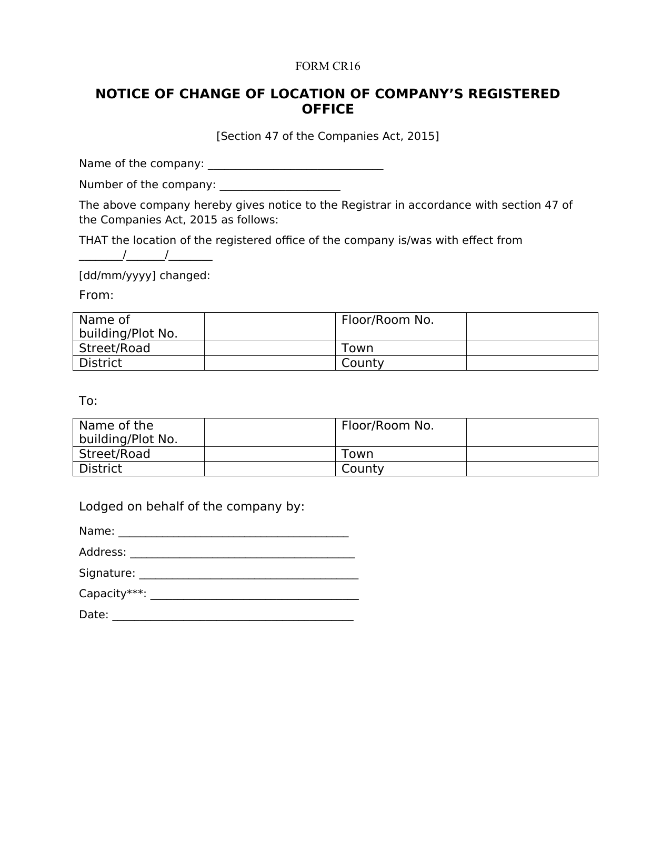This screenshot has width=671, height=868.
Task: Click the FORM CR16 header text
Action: (x=327, y=66)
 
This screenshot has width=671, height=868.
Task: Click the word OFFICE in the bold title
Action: (x=327, y=109)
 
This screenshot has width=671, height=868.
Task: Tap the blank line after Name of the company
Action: (x=295, y=166)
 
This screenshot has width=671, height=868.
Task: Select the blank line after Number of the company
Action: (x=279, y=187)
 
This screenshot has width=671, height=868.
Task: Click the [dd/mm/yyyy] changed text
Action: (x=144, y=275)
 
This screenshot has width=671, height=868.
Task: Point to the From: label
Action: (x=96, y=295)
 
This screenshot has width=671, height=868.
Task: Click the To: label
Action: (x=88, y=401)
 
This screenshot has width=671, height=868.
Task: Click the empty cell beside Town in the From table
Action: (x=532, y=349)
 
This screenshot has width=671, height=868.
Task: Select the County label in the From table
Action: (x=363, y=363)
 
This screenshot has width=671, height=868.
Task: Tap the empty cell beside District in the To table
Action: (x=269, y=469)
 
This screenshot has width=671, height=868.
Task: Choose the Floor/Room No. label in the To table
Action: (x=387, y=426)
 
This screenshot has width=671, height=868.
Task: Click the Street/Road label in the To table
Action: (x=114, y=454)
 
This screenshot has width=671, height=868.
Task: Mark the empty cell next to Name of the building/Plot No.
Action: (x=269, y=432)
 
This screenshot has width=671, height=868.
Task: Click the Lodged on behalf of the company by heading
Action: (x=192, y=507)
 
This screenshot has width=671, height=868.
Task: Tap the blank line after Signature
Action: (x=248, y=576)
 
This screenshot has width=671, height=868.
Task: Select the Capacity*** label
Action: (x=112, y=594)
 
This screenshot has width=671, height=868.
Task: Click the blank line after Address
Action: (x=242, y=555)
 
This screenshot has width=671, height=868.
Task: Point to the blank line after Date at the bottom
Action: (x=233, y=617)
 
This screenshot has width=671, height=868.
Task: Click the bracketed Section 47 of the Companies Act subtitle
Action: (x=327, y=137)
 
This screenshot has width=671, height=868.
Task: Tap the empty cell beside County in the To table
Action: (x=532, y=469)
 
